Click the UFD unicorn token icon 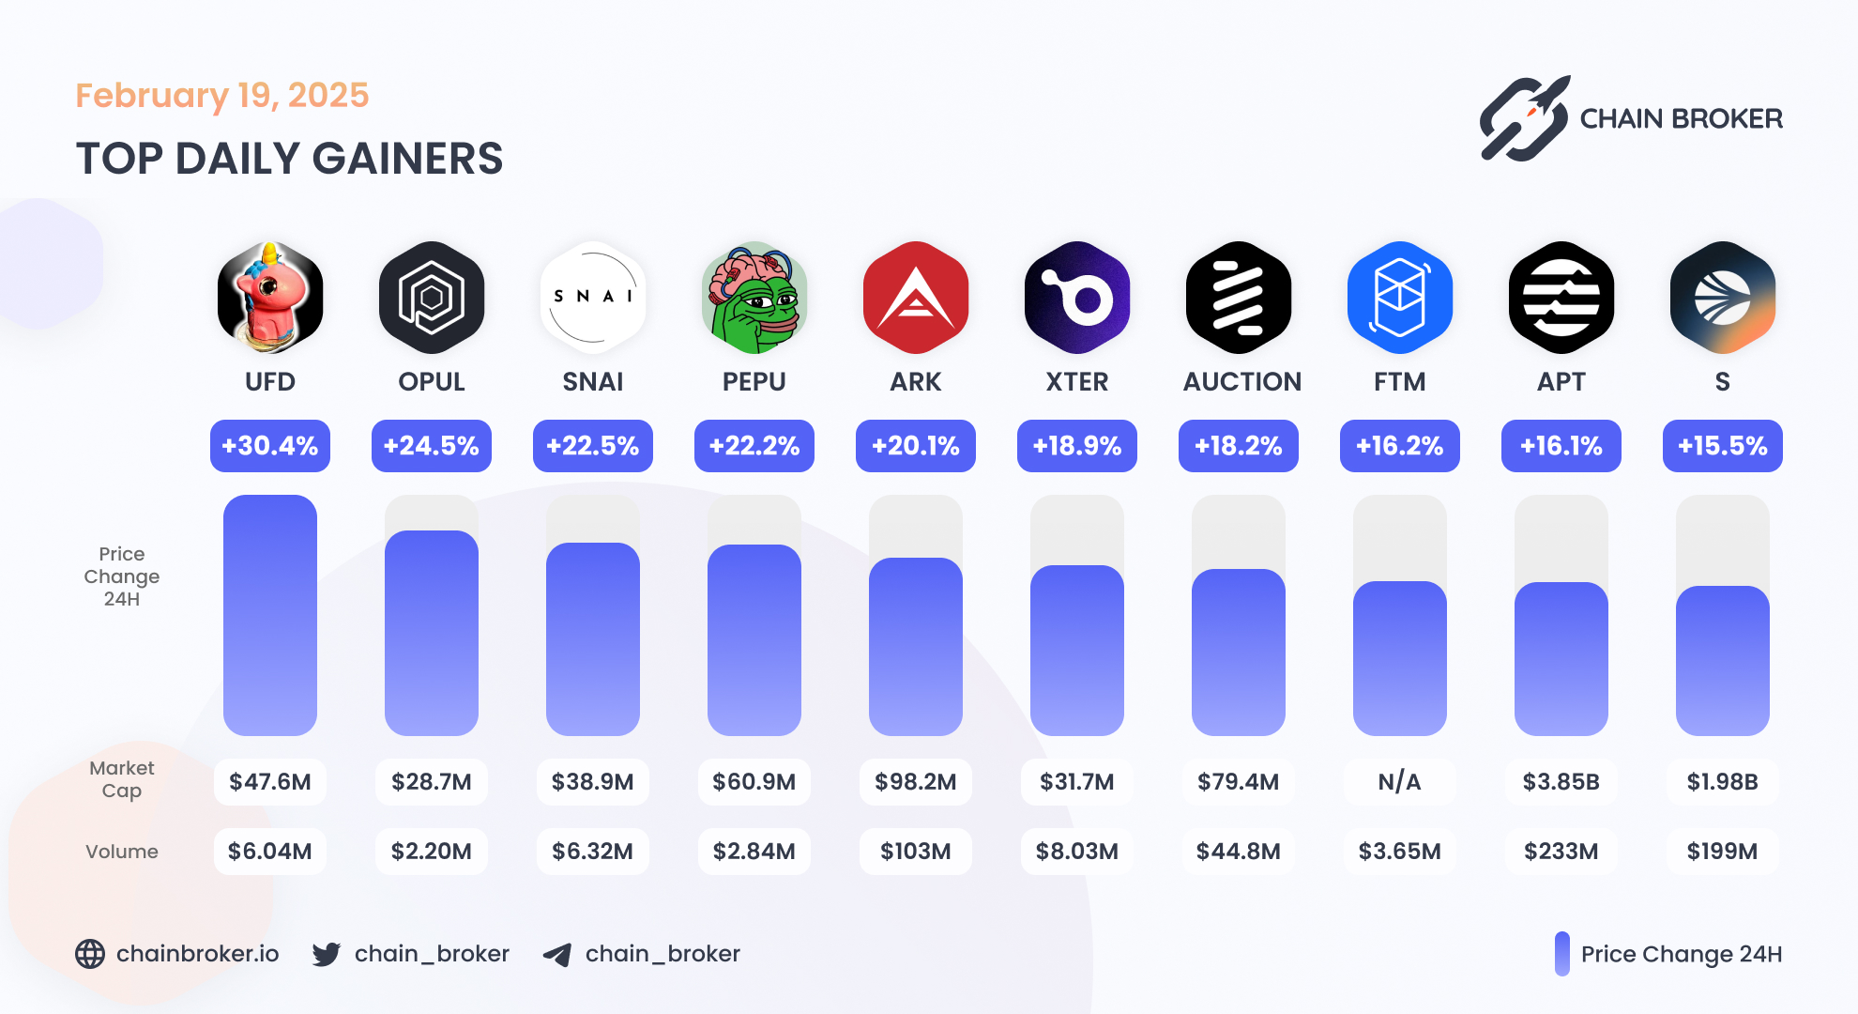click(270, 298)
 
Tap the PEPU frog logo click(754, 298)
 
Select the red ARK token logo click(916, 298)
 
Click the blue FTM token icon click(1400, 298)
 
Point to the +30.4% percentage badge click(270, 446)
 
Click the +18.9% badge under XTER click(1077, 446)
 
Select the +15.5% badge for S click(1723, 446)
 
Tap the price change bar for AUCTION click(1239, 652)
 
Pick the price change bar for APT click(1561, 658)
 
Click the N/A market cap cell click(1400, 782)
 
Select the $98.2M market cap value click(916, 782)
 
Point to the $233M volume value click(1561, 852)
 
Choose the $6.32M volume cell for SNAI click(593, 852)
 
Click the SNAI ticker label click(593, 382)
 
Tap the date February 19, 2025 click(222, 96)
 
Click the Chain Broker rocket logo click(1525, 119)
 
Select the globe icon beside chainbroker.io click(90, 954)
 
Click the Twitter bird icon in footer click(327, 955)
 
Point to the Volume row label click(122, 852)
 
